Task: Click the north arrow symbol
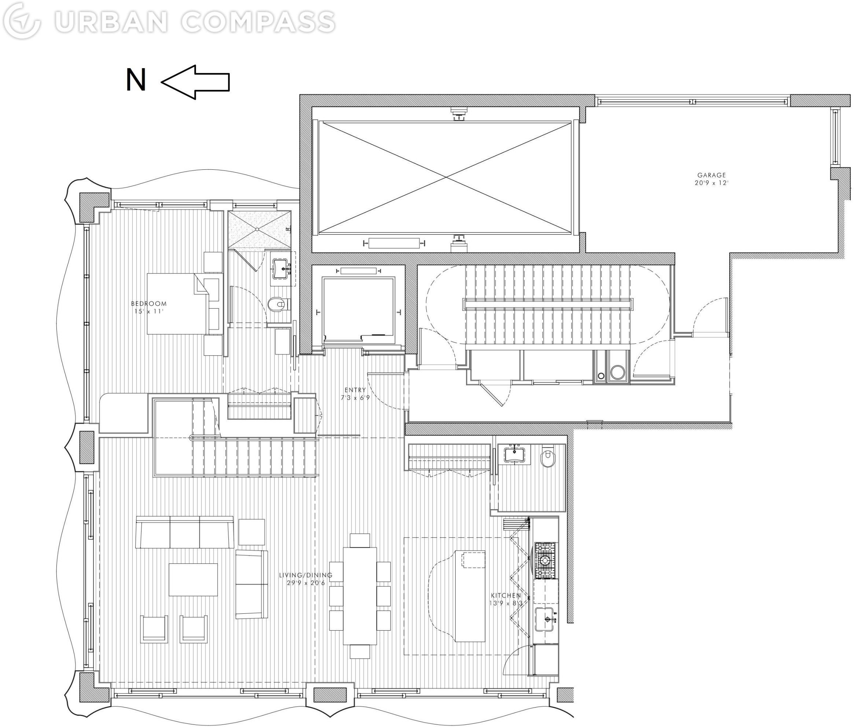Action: pos(195,82)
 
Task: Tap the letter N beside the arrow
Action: pos(136,80)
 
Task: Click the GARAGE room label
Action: pos(711,175)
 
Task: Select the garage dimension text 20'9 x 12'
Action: pos(711,183)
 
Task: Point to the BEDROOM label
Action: pos(149,304)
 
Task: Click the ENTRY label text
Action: pos(355,390)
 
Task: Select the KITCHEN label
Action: pos(505,595)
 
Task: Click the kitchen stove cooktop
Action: pos(544,560)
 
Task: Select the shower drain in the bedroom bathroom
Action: pos(257,230)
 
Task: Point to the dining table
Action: pos(360,595)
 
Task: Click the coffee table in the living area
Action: pos(193,579)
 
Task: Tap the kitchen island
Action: pos(470,595)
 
